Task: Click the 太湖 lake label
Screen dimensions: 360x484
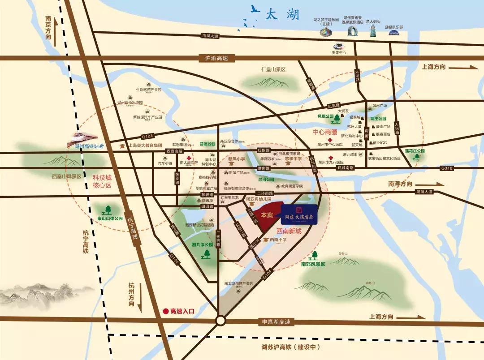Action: [283, 14]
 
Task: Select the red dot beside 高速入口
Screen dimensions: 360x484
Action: [165, 310]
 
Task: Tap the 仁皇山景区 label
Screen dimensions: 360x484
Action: [273, 70]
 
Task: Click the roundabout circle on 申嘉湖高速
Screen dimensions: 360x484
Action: [220, 321]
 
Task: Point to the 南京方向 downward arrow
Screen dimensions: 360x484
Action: [55, 39]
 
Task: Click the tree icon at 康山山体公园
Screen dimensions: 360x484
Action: [108, 209]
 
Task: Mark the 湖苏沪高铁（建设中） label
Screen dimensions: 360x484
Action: [288, 347]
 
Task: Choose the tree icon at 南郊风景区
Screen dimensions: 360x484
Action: [315, 256]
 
